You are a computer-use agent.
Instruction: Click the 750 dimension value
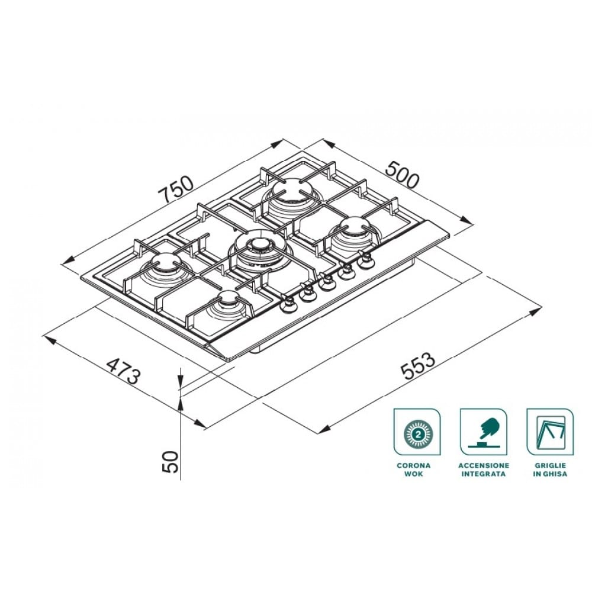pyautogui.click(x=176, y=189)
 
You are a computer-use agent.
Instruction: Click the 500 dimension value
pyautogui.click(x=403, y=175)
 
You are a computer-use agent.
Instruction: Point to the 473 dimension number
pyautogui.click(x=124, y=371)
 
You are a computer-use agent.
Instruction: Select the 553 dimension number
pyautogui.click(x=418, y=365)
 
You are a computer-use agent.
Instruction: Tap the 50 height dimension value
pyautogui.click(x=170, y=461)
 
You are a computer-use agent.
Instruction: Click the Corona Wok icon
pyautogui.click(x=417, y=432)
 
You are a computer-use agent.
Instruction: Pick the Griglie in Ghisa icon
pyautogui.click(x=550, y=432)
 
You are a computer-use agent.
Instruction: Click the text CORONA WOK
pyautogui.click(x=414, y=469)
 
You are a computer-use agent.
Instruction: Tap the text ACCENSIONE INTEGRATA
pyautogui.click(x=484, y=469)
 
